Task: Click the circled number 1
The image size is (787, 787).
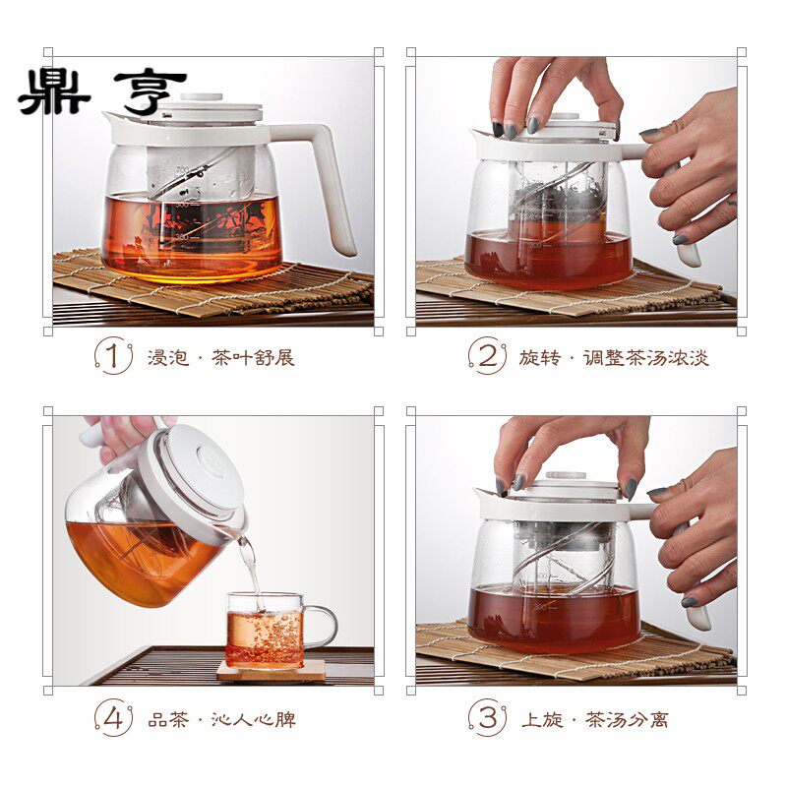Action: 113,356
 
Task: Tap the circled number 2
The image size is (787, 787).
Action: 487,356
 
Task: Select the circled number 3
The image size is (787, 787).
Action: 487,718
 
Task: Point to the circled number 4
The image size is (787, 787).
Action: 113,718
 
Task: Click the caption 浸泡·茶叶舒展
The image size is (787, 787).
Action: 220,358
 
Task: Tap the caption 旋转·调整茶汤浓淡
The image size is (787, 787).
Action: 614,358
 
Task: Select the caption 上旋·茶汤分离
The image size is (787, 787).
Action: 595,720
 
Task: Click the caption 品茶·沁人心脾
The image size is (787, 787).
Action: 222,720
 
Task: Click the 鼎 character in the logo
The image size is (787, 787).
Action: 54,91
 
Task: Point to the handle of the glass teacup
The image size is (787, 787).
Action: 321,628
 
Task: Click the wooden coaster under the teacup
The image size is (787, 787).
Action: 272,671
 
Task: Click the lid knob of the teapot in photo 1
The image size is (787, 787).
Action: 202,96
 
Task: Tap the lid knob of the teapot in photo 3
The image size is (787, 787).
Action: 566,475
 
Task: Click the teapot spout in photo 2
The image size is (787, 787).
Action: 483,136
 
